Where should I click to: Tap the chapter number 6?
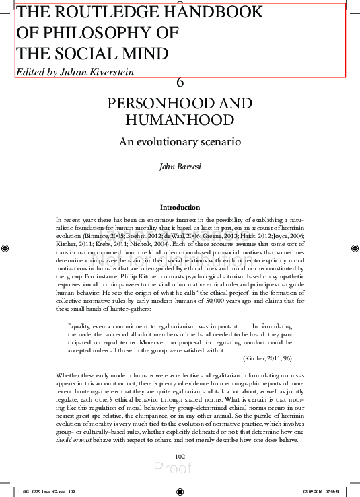(180, 83)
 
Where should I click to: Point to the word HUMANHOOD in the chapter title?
(180, 120)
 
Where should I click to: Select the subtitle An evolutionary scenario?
(180, 142)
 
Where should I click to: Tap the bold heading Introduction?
(180, 207)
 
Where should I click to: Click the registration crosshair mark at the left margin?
(5, 248)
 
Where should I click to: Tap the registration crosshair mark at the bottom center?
(180, 491)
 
